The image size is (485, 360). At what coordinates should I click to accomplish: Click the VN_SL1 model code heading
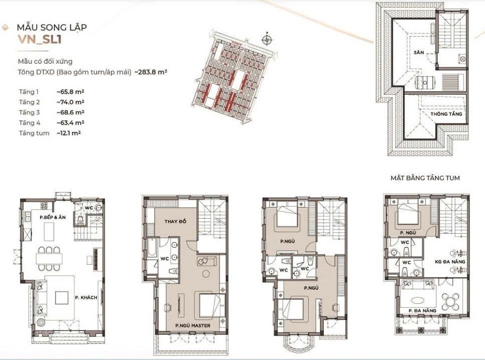(40, 40)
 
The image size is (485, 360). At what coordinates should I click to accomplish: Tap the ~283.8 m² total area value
(151, 72)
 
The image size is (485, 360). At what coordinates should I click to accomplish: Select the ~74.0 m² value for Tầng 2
(71, 102)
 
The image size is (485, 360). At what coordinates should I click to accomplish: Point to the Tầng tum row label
(34, 133)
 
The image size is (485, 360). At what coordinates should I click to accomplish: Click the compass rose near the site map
(267, 39)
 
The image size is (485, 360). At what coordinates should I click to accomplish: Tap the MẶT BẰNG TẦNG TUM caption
(425, 178)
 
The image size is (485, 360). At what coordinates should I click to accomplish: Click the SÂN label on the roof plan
(419, 53)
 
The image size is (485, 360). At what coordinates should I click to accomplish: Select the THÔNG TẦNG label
(446, 114)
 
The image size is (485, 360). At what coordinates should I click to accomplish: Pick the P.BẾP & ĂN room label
(53, 217)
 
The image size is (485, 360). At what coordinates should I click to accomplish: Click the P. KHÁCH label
(86, 297)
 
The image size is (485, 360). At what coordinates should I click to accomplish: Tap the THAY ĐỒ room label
(175, 221)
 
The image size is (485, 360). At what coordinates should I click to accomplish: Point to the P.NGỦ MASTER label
(193, 325)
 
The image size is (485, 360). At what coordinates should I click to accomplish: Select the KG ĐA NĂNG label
(450, 262)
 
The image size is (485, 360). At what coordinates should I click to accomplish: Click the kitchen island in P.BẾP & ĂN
(49, 231)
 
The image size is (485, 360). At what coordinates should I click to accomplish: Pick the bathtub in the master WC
(151, 248)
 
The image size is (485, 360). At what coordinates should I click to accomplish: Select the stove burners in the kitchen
(44, 206)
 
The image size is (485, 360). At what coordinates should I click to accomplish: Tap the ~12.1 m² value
(69, 133)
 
